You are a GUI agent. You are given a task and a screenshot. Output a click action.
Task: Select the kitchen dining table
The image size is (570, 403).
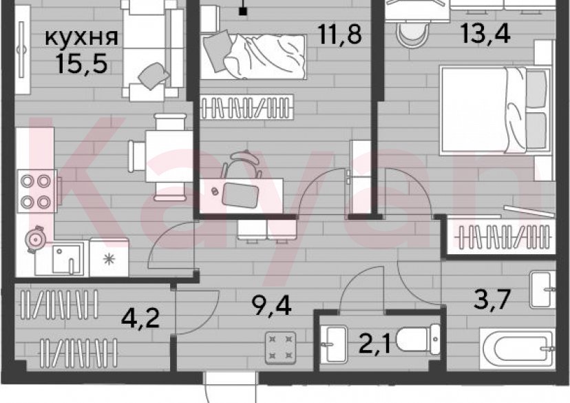[x=162, y=156]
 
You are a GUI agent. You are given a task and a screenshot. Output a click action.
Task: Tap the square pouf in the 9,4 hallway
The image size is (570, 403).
[x=280, y=347]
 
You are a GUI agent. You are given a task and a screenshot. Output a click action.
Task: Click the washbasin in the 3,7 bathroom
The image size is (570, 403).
[x=542, y=290]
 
